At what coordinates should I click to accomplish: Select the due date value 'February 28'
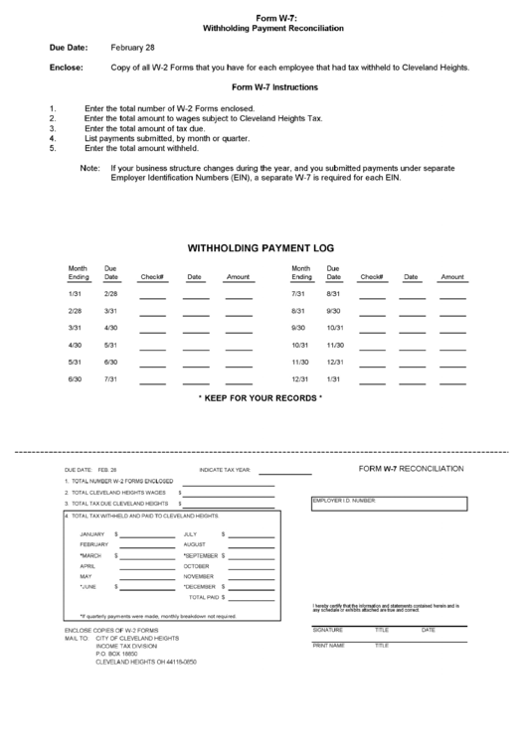click(x=133, y=48)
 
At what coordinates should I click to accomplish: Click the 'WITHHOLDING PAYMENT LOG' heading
click(x=262, y=247)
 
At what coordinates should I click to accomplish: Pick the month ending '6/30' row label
click(x=75, y=379)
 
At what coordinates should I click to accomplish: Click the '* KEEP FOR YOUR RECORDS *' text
click(x=261, y=398)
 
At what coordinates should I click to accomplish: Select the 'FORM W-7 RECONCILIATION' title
click(x=411, y=467)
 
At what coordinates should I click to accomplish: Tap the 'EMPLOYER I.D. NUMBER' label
click(x=343, y=501)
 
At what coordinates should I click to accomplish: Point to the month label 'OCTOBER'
click(x=197, y=565)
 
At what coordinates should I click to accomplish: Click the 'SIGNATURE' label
click(x=327, y=630)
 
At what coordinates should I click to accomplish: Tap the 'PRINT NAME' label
click(x=328, y=646)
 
